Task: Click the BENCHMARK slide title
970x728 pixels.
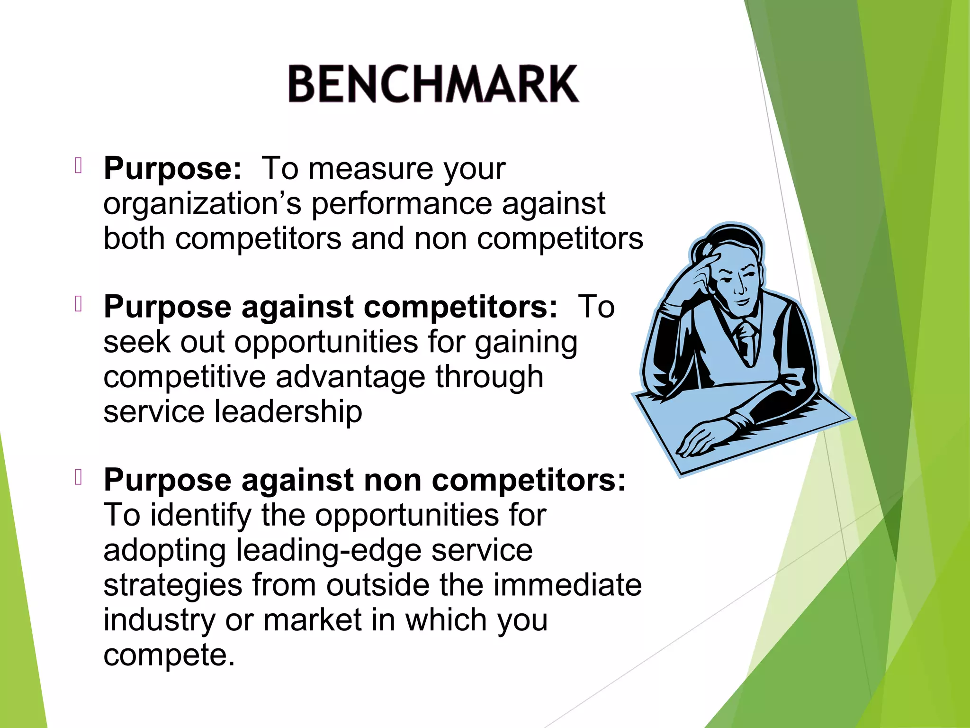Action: pos(433,84)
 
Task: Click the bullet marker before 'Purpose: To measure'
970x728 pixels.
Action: pos(79,166)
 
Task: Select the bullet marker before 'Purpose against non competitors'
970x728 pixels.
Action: pos(79,477)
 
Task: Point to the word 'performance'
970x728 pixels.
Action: pos(402,204)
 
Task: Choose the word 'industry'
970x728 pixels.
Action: pos(159,620)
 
